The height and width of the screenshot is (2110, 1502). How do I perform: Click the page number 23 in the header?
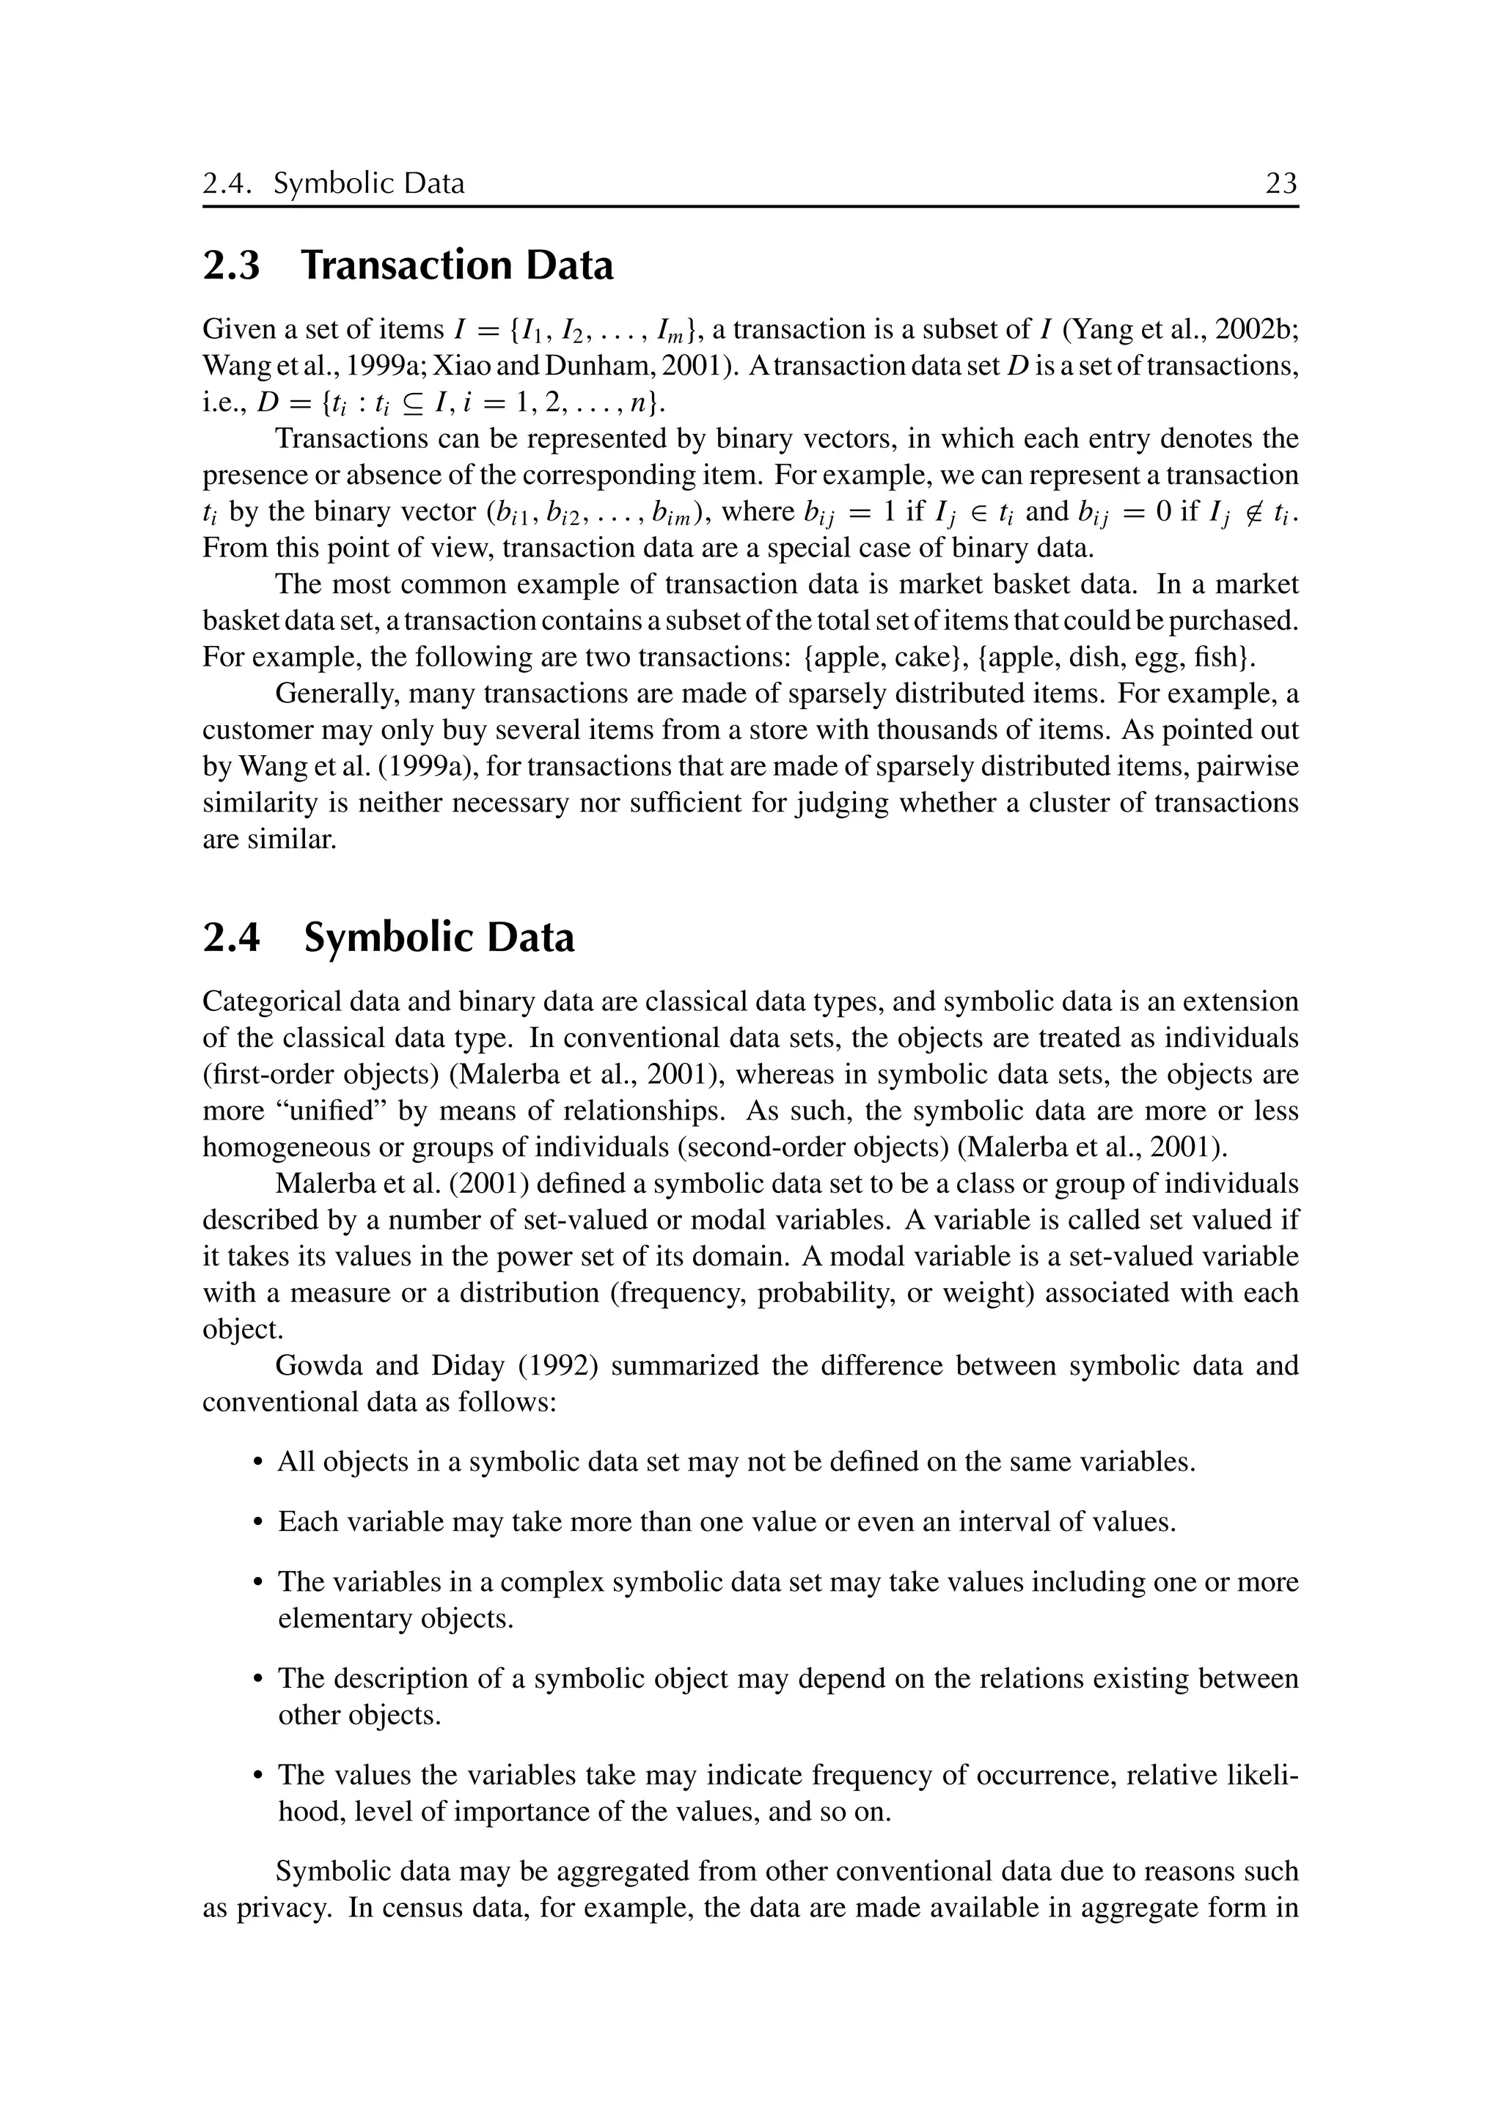pyautogui.click(x=1281, y=184)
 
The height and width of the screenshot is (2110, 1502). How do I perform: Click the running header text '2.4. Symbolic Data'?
pyautogui.click(x=334, y=184)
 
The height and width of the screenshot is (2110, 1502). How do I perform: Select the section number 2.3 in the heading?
pyautogui.click(x=231, y=266)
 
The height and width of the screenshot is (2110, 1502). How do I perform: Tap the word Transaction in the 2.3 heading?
pyautogui.click(x=408, y=266)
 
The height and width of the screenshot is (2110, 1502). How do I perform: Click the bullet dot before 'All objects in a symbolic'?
pyautogui.click(x=258, y=1463)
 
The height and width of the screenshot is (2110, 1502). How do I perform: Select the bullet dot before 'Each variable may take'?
pyautogui.click(x=258, y=1523)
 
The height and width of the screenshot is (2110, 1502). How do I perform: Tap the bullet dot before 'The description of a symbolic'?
pyautogui.click(x=258, y=1679)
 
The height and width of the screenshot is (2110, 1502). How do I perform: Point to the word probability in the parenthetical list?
pyautogui.click(x=826, y=1293)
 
